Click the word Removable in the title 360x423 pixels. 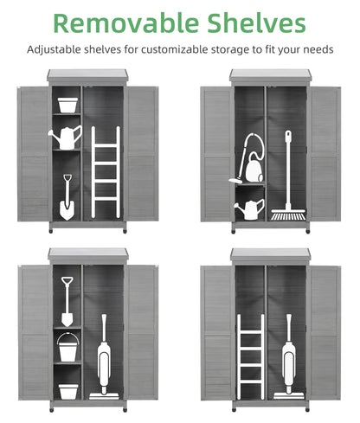click(126, 23)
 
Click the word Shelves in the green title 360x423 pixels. click(256, 23)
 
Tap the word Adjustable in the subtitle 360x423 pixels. click(54, 50)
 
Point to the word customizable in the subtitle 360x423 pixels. click(175, 49)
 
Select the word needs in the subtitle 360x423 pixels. click(318, 50)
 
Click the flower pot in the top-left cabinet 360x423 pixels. click(67, 105)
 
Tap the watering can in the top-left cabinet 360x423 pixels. click(66, 138)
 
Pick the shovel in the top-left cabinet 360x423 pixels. click(67, 197)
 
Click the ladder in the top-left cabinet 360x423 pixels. click(106, 172)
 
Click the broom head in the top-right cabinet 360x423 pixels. click(288, 215)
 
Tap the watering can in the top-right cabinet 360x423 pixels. click(250, 209)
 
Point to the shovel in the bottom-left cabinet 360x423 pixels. click(67, 302)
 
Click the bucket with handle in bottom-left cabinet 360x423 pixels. click(68, 348)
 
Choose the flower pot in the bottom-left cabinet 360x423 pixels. click(68, 392)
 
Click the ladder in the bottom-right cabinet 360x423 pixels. click(251, 356)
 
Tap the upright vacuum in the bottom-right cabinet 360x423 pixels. click(288, 357)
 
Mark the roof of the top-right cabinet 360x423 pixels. click(271, 75)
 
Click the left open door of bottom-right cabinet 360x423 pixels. click(216, 333)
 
